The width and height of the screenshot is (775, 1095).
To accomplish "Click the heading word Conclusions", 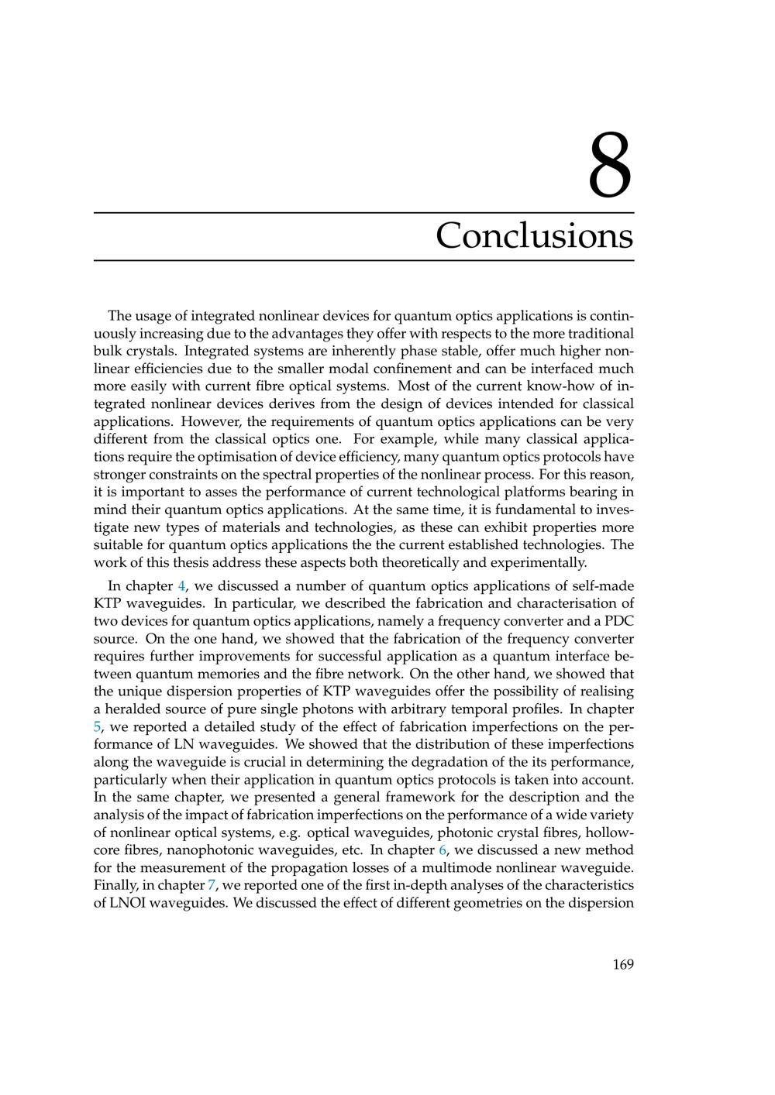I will (534, 235).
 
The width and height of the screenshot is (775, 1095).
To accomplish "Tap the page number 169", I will (622, 964).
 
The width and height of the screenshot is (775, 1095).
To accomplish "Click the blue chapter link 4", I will (181, 585).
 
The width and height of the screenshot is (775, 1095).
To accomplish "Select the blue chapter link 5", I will (98, 727).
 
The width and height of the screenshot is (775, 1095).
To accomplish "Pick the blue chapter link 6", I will (443, 850).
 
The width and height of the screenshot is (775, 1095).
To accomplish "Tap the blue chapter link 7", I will (212, 885).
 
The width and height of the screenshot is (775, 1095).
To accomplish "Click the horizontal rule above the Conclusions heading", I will (364, 212).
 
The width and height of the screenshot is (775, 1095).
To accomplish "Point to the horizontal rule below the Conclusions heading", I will (364, 260).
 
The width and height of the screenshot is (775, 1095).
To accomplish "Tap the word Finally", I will (114, 885).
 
